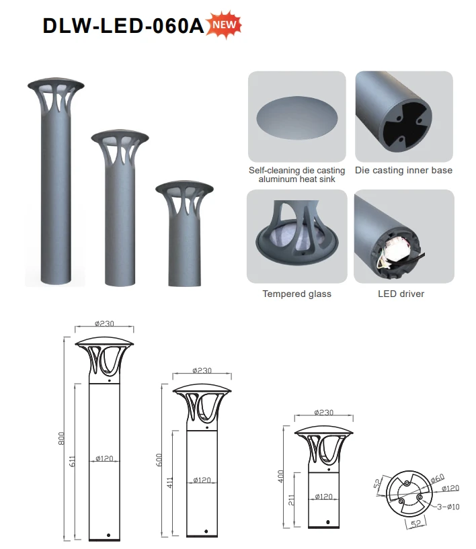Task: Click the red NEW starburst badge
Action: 224,24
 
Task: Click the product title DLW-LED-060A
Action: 123,26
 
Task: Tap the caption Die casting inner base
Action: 403,170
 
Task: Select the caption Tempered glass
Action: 297,294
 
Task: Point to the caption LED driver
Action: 401,294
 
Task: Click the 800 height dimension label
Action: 61,439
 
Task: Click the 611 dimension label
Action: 72,461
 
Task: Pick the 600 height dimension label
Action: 159,460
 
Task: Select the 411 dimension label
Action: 170,482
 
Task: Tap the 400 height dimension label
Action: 280,476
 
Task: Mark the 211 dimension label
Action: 291,500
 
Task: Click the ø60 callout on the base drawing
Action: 438,478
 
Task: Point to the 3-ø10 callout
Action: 448,506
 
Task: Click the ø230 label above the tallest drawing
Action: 104,323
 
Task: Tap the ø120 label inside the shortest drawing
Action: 323,497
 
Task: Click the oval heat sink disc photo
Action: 297,118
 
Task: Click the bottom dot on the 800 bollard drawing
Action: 109,536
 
